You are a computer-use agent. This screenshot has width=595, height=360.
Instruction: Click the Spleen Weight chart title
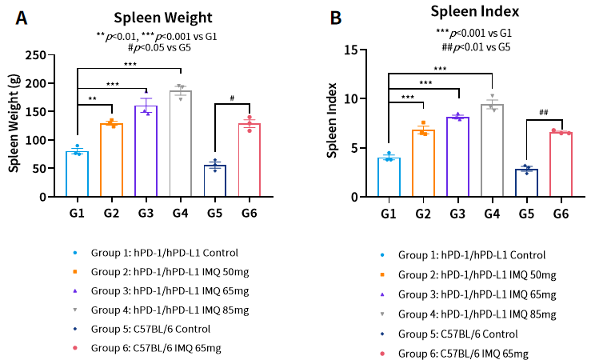(x=157, y=18)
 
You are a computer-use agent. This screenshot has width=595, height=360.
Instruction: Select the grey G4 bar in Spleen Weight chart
(x=180, y=144)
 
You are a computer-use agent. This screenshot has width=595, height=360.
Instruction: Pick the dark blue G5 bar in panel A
(x=214, y=181)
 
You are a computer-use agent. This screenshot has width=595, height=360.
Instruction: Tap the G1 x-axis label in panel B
(x=388, y=213)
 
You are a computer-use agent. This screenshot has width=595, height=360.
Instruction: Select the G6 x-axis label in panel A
(x=249, y=213)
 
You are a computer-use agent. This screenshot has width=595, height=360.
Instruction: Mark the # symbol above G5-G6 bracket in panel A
(x=231, y=98)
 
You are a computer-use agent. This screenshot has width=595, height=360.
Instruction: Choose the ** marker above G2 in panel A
(x=94, y=98)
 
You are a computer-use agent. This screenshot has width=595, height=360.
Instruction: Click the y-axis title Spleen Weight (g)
(x=14, y=126)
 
